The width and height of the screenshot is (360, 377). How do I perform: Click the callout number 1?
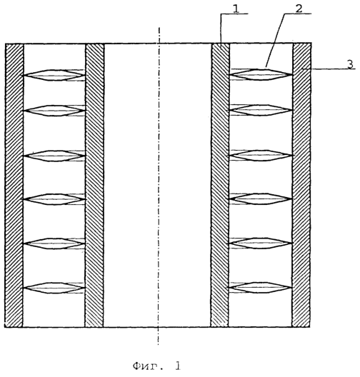(x=236, y=9)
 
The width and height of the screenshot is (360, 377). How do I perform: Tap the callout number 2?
(x=299, y=9)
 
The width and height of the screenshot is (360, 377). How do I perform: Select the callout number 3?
(x=351, y=64)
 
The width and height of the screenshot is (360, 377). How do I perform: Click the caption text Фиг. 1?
(x=156, y=366)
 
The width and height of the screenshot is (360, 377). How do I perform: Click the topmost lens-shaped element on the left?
(x=54, y=75)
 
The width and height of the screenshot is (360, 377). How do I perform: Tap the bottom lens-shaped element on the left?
(x=54, y=288)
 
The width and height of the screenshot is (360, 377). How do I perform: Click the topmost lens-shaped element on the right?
(x=261, y=74)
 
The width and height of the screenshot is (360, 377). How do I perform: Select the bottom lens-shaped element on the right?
(x=261, y=288)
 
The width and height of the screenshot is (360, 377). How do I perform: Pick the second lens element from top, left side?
(x=54, y=111)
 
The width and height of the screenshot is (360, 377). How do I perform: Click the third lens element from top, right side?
(x=261, y=156)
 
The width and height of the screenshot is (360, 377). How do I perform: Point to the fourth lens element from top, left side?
(x=54, y=199)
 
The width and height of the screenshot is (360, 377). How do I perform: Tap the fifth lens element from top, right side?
(x=261, y=243)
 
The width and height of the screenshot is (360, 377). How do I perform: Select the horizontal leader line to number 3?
(x=329, y=69)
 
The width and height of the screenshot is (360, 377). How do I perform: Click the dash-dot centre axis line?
(x=159, y=186)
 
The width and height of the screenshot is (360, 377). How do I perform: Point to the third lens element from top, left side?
(x=54, y=156)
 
